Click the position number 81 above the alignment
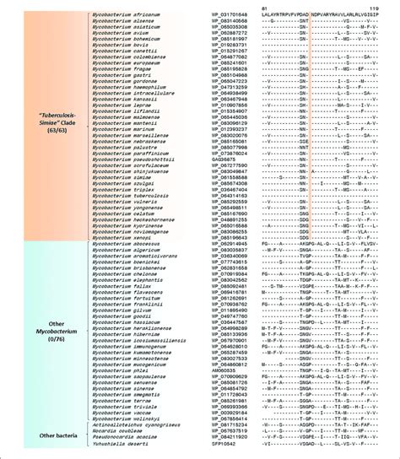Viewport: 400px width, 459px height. (265, 7)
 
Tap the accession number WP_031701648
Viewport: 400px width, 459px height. (224, 15)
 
